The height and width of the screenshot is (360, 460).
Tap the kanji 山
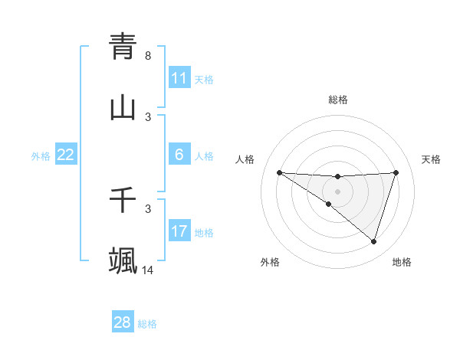point(123,107)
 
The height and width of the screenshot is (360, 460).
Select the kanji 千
point(123,200)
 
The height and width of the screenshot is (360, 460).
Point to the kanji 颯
point(123,260)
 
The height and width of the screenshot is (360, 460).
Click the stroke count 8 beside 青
point(148,56)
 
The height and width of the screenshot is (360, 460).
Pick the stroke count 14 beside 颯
point(148,270)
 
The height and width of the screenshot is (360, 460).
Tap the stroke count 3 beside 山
point(148,116)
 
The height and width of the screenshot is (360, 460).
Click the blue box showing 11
point(179,78)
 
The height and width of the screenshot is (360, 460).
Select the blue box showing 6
point(179,155)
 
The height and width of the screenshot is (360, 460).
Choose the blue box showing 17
point(179,231)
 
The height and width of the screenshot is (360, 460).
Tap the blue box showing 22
point(66,155)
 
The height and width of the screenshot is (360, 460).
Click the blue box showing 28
point(123,322)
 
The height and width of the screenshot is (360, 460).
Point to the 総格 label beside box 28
point(147,324)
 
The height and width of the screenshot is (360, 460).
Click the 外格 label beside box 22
point(41,156)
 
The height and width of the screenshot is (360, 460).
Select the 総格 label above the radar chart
point(337,100)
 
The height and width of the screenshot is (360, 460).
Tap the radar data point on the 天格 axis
point(396,172)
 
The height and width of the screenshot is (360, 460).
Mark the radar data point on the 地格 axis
point(373,241)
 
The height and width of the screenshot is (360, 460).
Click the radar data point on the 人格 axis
point(279,172)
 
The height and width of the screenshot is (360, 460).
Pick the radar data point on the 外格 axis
point(329,204)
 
